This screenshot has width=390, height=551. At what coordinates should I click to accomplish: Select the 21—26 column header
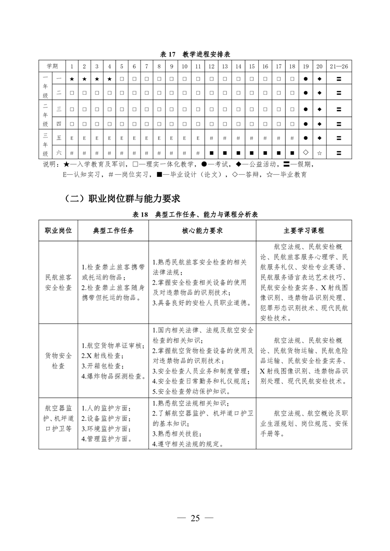point(339,66)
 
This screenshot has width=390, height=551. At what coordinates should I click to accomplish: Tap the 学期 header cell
point(53,66)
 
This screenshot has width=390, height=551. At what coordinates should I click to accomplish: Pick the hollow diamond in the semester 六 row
point(305,152)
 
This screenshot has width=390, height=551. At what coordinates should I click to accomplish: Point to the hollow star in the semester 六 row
point(319,152)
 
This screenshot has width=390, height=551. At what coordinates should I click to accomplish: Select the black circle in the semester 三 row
point(305,109)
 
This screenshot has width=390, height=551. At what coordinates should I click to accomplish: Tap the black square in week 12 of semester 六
point(211,152)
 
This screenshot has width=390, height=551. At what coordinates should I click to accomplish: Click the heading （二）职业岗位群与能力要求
point(122,198)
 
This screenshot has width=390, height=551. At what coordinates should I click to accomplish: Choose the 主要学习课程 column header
point(303,230)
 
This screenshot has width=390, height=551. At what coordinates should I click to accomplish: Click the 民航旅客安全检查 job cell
point(59,282)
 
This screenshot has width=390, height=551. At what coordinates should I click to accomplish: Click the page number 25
point(195,518)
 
